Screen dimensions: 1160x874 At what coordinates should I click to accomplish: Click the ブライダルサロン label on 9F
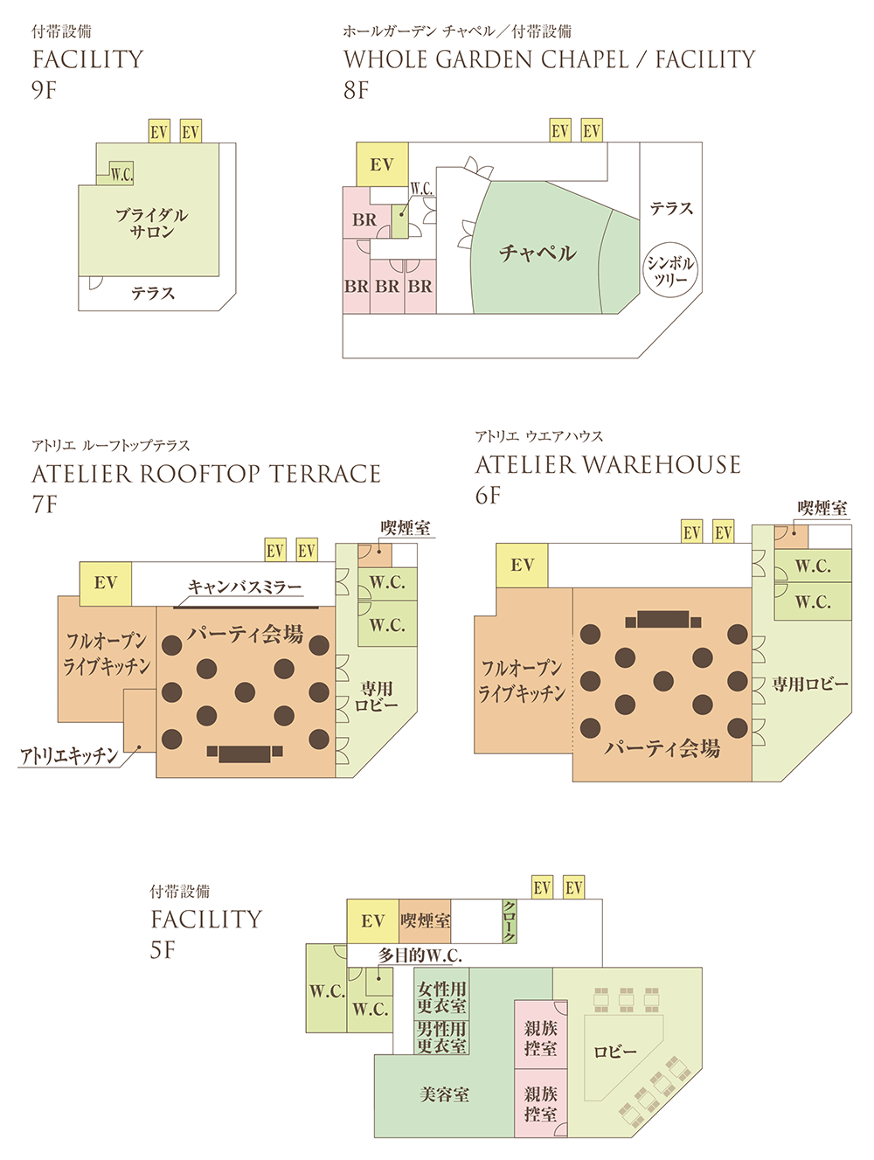tap(151, 223)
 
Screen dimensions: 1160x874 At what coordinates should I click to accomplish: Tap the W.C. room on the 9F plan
tap(121, 174)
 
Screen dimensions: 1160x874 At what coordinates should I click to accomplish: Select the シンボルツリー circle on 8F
tap(670, 271)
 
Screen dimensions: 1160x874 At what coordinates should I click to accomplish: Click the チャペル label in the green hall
tap(538, 254)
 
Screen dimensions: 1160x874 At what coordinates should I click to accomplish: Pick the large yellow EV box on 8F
tap(382, 164)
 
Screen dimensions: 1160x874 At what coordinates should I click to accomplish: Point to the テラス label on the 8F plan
tap(671, 208)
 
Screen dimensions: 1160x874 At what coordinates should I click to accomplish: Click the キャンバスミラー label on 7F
tap(245, 587)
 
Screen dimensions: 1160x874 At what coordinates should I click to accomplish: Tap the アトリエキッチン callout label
tap(69, 755)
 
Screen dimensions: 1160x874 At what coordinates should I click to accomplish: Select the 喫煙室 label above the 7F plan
tap(406, 528)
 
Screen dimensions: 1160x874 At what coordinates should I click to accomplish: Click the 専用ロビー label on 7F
tap(377, 697)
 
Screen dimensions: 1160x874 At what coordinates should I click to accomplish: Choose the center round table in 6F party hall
tap(663, 681)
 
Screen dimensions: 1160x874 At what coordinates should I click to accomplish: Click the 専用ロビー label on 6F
tap(810, 684)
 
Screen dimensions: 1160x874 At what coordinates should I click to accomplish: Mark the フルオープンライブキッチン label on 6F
tap(522, 680)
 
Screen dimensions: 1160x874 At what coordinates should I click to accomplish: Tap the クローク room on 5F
tap(510, 921)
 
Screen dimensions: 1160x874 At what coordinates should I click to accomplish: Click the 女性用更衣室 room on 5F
tap(441, 997)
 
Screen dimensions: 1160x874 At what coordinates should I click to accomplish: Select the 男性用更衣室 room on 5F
tap(441, 1038)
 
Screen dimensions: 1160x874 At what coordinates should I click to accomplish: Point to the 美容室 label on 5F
tap(444, 1094)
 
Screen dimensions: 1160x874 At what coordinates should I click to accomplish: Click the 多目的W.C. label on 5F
tap(420, 955)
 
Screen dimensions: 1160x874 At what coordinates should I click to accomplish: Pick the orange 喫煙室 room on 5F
tap(425, 921)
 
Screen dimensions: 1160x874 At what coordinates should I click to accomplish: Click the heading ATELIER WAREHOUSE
tap(607, 465)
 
